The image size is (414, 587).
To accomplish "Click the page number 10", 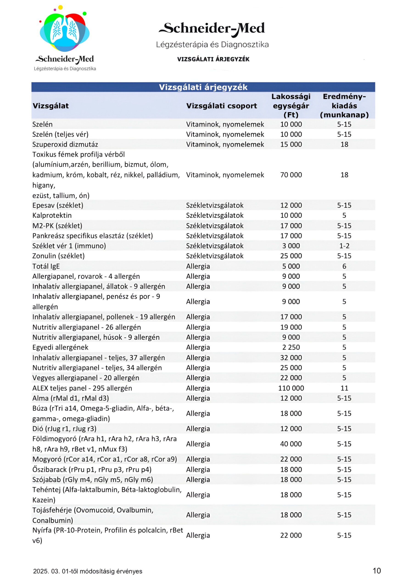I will [376, 570].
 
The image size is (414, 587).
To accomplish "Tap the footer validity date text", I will [87, 571].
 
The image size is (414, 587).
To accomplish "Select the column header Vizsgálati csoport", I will [221, 106].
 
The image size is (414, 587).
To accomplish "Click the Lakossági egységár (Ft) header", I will [291, 105].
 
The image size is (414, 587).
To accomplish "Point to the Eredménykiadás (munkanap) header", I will [344, 105].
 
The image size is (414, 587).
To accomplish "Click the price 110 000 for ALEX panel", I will [291, 388].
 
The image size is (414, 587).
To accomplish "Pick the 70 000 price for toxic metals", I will [291, 175].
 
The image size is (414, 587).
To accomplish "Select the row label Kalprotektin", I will [52, 215].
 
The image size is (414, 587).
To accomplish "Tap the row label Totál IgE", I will [46, 266].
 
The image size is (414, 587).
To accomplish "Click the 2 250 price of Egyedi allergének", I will [291, 347].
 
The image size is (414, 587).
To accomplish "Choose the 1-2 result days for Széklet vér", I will [344, 246].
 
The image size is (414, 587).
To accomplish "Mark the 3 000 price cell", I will [291, 246].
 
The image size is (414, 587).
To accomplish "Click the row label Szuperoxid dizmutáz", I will [65, 144].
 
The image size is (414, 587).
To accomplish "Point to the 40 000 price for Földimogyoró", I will [291, 444].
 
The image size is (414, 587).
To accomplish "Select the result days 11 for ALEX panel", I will [344, 388].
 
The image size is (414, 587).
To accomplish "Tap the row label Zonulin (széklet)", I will [58, 256].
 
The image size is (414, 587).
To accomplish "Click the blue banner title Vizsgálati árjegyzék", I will [203, 87].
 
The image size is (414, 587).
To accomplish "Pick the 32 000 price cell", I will [291, 357].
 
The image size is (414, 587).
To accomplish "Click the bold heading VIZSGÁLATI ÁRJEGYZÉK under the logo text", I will [213, 59].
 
